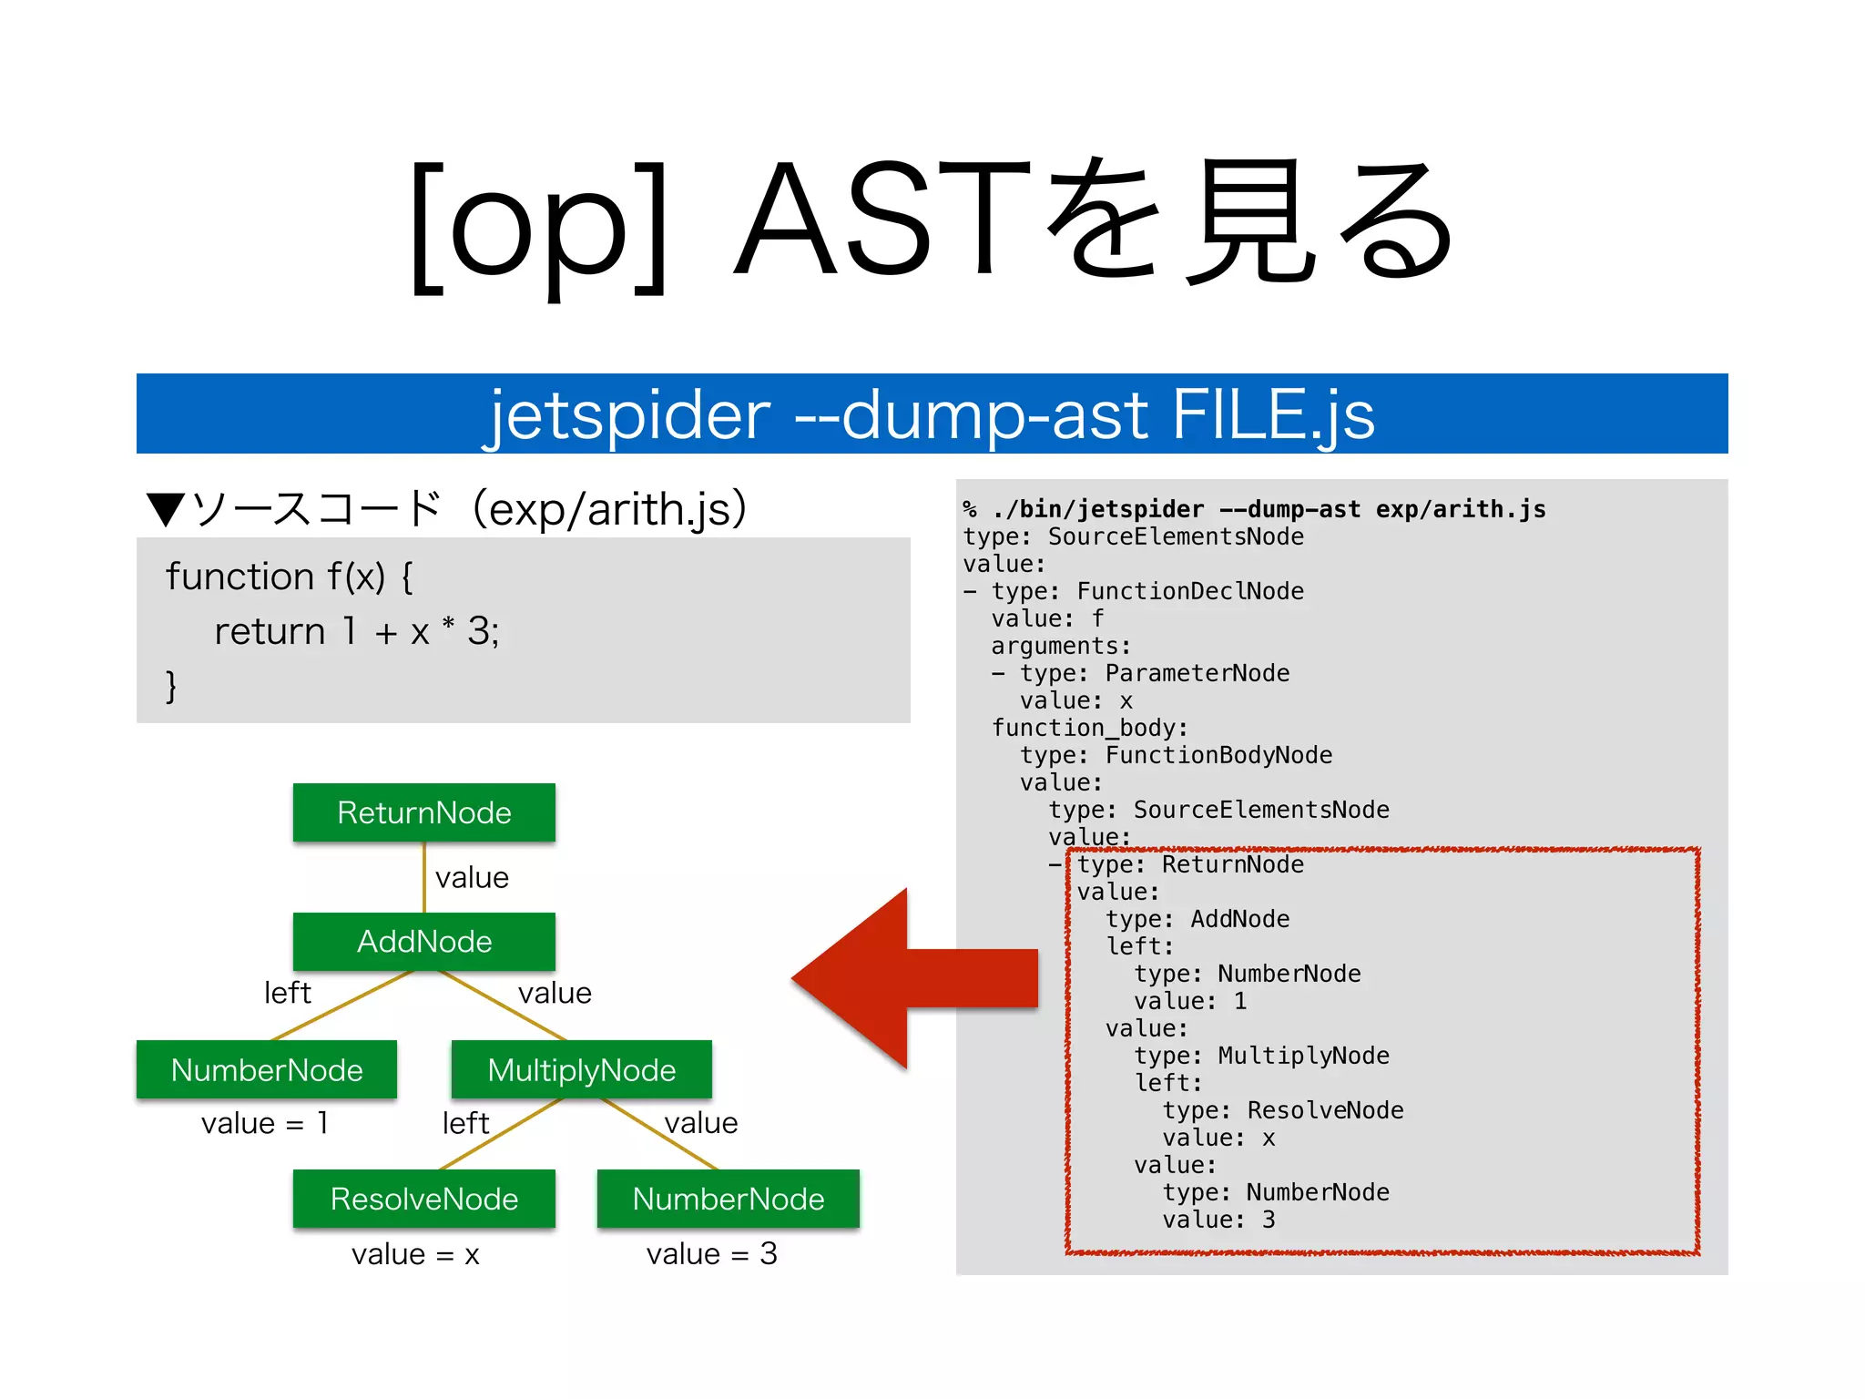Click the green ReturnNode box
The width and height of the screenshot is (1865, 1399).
click(x=423, y=812)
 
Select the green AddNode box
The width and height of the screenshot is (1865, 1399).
click(x=423, y=941)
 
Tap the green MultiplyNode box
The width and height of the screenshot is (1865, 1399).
click(x=581, y=1070)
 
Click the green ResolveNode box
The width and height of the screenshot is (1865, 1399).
click(x=423, y=1199)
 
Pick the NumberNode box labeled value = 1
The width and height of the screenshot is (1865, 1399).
click(x=266, y=1070)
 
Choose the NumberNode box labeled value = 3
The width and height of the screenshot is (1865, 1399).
click(x=728, y=1199)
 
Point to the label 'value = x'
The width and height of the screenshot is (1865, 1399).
click(x=415, y=1254)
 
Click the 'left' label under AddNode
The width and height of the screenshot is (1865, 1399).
click(x=287, y=993)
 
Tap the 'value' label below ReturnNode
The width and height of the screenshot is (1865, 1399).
click(x=472, y=878)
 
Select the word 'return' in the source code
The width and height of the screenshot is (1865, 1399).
click(x=270, y=631)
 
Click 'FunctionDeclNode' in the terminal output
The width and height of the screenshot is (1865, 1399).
click(x=1189, y=592)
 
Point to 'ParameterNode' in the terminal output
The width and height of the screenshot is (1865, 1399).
click(x=1197, y=674)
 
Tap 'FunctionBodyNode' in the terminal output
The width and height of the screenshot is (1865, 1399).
click(x=1218, y=756)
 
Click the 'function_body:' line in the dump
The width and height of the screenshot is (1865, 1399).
click(x=1089, y=729)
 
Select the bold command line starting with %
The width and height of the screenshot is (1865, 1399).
click(x=1255, y=510)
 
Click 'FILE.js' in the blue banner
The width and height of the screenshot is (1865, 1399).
click(x=1272, y=415)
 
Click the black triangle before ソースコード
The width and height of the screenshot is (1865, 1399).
click(x=166, y=509)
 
